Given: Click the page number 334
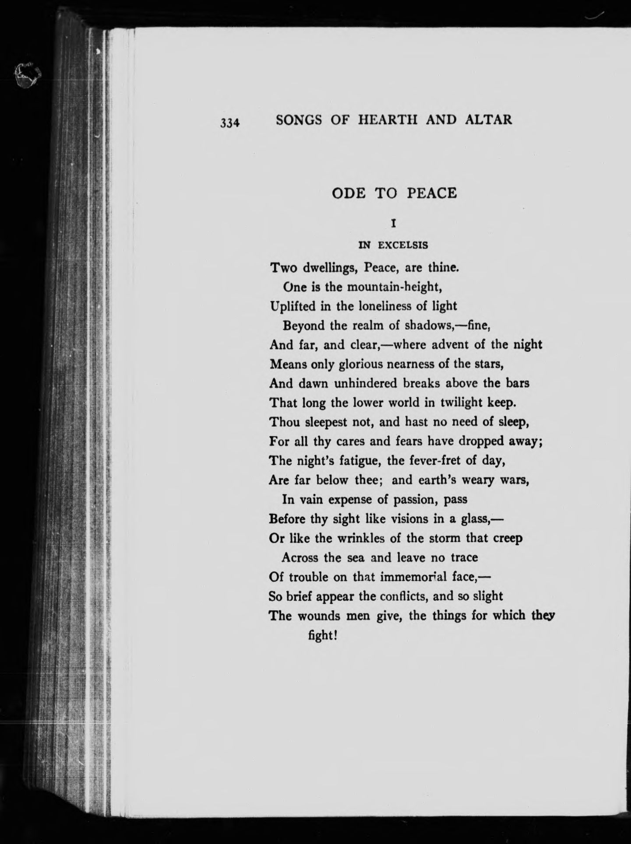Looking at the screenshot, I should coord(230,123).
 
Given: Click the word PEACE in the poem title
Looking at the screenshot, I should coord(432,193).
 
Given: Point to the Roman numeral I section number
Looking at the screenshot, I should coord(394,224).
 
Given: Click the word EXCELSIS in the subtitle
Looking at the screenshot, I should coord(403,245).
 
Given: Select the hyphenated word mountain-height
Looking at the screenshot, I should coord(381,287).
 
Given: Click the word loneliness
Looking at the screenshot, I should coord(385,306).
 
